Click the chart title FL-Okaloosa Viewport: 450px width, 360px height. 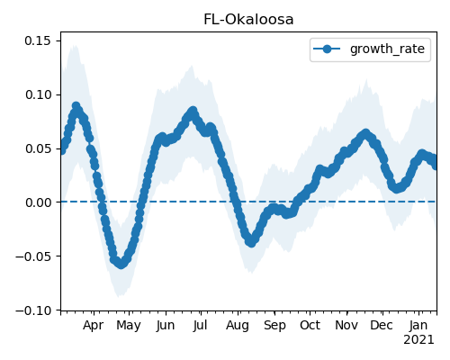coord(248,20)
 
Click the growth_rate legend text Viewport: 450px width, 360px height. coord(387,49)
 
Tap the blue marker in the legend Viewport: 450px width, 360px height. coord(327,49)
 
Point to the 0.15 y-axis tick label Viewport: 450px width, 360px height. coord(38,40)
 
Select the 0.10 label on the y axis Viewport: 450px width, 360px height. coord(38,94)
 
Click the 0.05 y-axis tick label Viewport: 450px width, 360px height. coord(38,148)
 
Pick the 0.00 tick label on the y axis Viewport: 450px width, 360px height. coord(38,202)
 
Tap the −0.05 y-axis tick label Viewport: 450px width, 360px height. coord(33,256)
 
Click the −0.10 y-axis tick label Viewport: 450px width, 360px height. coord(33,310)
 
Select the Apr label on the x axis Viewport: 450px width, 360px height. coord(94,326)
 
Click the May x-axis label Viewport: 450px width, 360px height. coord(129,326)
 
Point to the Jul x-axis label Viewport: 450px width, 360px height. coord(200,325)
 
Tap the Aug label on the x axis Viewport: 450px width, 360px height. coord(238,326)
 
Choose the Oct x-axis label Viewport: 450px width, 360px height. coord(310,325)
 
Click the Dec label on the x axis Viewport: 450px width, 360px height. coord(382,325)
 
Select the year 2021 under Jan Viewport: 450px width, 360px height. coord(418,340)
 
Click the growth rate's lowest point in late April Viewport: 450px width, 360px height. coord(121,264)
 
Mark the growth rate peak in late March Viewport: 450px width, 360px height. coord(76,106)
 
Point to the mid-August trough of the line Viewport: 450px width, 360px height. coord(251,242)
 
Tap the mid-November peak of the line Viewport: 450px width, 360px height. coord(365,133)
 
